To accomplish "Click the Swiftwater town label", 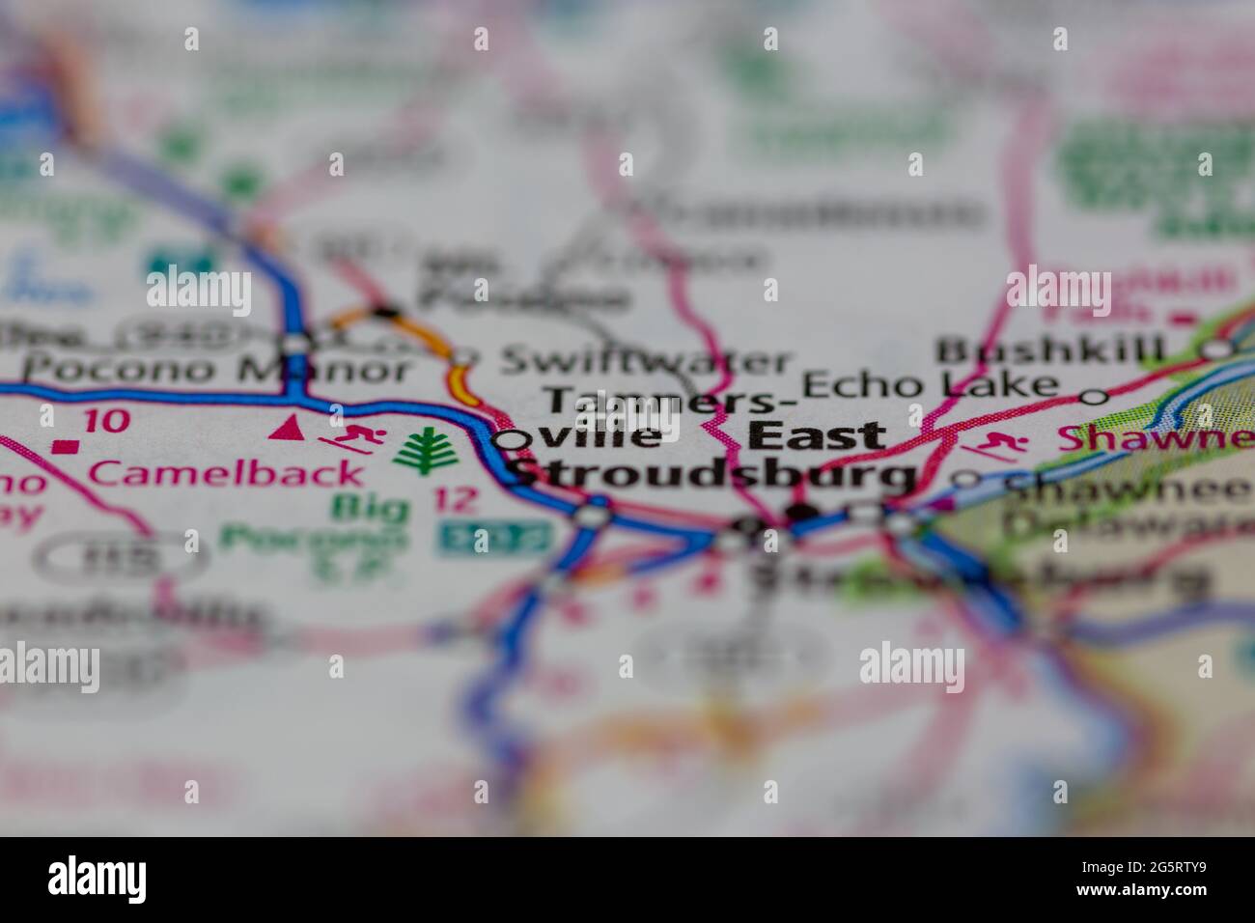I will click(x=645, y=362).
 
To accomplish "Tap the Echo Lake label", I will click(x=931, y=384).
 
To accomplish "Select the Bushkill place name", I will click(x=1051, y=350).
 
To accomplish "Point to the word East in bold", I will click(x=817, y=436).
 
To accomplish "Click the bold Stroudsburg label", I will click(x=712, y=475).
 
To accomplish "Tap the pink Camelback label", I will click(x=228, y=473).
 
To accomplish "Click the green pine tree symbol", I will click(x=422, y=451).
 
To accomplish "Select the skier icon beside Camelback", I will click(x=353, y=439).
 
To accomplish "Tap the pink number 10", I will click(x=105, y=421).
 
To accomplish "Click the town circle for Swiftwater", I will click(x=464, y=357).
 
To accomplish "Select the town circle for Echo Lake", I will click(x=1093, y=396).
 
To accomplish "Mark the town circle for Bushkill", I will click(x=1222, y=349).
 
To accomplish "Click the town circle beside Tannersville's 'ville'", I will click(x=513, y=440).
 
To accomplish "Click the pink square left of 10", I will click(x=65, y=446).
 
